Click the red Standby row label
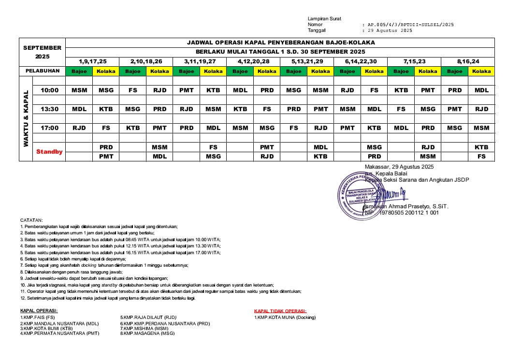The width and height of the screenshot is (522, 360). (x=49, y=152)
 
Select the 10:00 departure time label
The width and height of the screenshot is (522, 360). (x=49, y=90)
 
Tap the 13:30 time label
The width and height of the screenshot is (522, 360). (x=49, y=109)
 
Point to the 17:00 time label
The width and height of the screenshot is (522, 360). (x=49, y=128)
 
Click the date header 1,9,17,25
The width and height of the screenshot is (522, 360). (x=92, y=61)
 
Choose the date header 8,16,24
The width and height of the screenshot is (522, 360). (x=468, y=61)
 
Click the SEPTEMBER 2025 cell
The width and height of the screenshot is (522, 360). (x=43, y=52)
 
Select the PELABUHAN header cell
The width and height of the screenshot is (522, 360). (x=43, y=71)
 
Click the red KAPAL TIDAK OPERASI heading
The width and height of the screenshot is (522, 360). (x=280, y=311)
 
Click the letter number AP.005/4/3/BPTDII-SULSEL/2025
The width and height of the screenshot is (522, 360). (x=410, y=24)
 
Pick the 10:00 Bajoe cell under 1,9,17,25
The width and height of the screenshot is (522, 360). (x=79, y=90)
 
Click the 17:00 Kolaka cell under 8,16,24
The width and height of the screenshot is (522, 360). (x=481, y=128)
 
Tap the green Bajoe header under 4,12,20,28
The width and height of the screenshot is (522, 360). (x=240, y=71)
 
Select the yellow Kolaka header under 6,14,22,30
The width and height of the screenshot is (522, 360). (x=374, y=71)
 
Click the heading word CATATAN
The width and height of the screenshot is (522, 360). (x=31, y=220)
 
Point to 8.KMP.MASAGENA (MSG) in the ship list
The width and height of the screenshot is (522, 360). (x=147, y=333)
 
